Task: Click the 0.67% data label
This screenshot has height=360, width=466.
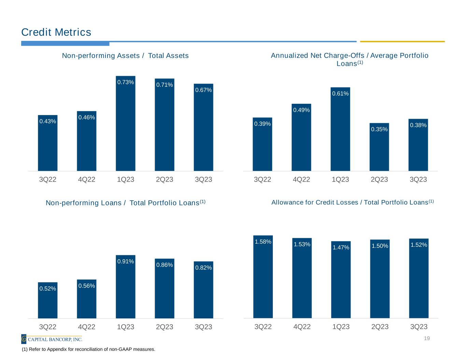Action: pos(203,90)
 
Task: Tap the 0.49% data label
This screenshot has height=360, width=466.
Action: pos(301,110)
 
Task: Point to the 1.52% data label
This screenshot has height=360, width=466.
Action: pos(419,245)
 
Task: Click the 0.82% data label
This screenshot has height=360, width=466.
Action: pos(203,268)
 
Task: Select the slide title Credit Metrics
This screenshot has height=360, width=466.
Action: pos(56,32)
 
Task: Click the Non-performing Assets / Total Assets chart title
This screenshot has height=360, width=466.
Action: pos(125,56)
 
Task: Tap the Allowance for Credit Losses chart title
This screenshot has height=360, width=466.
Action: pos(352,202)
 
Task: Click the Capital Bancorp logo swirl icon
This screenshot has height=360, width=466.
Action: pos(24,339)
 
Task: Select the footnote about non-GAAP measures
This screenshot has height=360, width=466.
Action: pos(88,349)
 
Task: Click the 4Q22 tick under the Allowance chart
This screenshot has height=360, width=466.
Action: pos(302,327)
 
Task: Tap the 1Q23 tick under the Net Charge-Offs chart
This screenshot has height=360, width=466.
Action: pos(340,179)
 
